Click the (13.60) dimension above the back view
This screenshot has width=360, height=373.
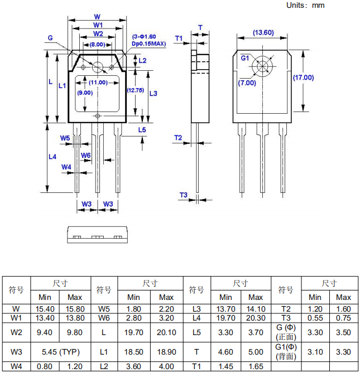(263, 32)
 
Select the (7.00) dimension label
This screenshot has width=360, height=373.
(247, 83)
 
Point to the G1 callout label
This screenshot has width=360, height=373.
(245, 58)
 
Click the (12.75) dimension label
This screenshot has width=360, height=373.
(136, 90)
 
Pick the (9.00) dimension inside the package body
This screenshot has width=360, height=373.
(85, 93)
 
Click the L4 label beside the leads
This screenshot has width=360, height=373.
(52, 157)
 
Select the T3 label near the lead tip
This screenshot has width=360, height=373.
(184, 195)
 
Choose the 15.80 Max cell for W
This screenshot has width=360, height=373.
(74, 308)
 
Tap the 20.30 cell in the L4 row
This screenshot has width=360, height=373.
(256, 318)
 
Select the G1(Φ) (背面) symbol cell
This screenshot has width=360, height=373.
(285, 352)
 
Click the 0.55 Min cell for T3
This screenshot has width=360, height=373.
(315, 318)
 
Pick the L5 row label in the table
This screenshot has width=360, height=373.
(196, 333)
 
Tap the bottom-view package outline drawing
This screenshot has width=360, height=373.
(97, 234)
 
